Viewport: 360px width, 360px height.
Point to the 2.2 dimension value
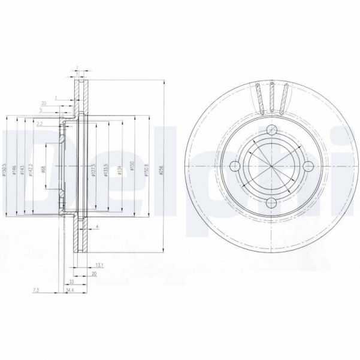[x=39, y=124]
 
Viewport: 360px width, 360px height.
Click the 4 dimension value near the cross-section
[x=97, y=228]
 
